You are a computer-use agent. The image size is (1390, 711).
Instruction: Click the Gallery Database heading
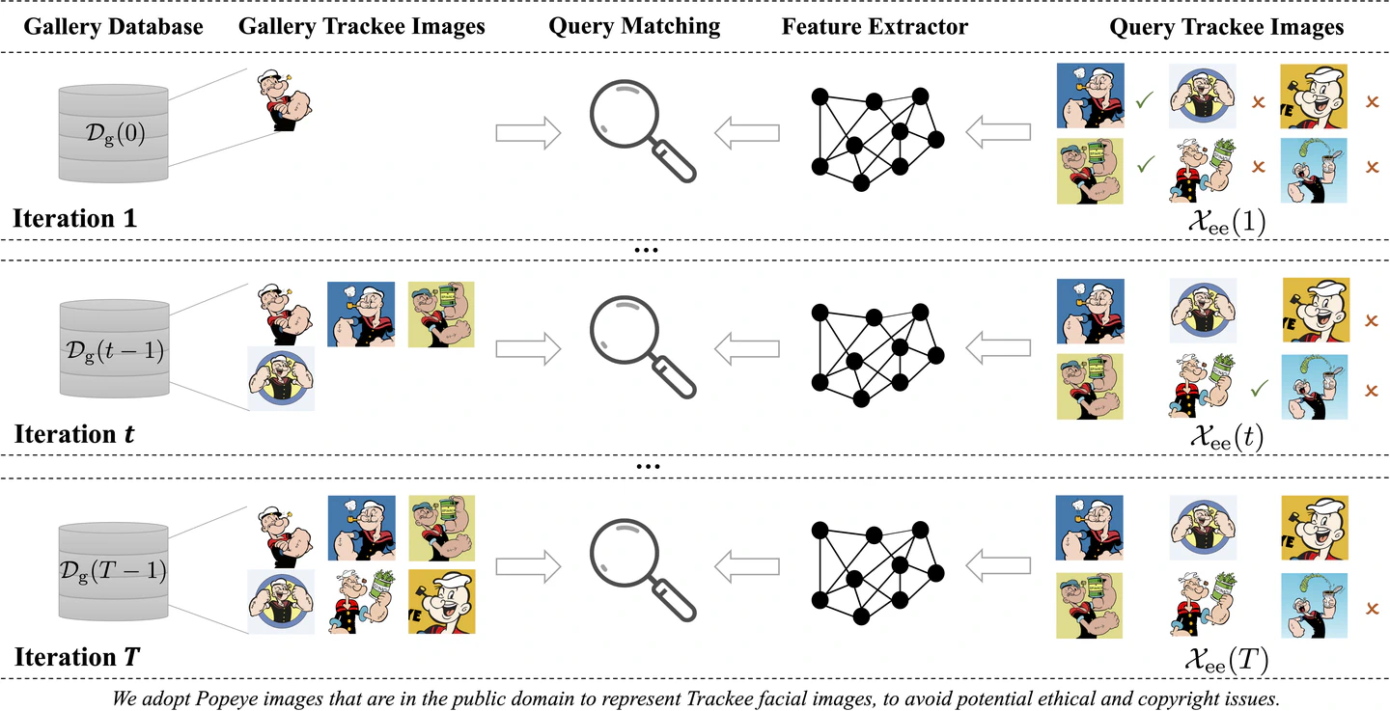(113, 26)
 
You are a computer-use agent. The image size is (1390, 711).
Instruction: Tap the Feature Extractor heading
(875, 26)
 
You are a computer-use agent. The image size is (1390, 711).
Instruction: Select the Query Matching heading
(634, 26)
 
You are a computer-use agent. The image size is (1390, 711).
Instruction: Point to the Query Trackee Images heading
(1226, 27)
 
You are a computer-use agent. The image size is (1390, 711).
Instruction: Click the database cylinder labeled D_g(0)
(115, 134)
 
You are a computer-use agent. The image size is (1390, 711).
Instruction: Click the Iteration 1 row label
(74, 218)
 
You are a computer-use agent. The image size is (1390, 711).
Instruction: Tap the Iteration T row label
(77, 659)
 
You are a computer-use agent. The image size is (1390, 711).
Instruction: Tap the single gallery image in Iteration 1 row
(285, 99)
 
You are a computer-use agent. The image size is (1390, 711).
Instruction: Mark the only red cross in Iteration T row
(1373, 610)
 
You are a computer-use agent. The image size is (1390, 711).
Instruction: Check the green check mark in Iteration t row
(1258, 390)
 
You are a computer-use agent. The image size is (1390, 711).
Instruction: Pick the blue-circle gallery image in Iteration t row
(281, 378)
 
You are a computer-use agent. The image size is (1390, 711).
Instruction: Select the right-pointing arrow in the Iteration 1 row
(528, 132)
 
